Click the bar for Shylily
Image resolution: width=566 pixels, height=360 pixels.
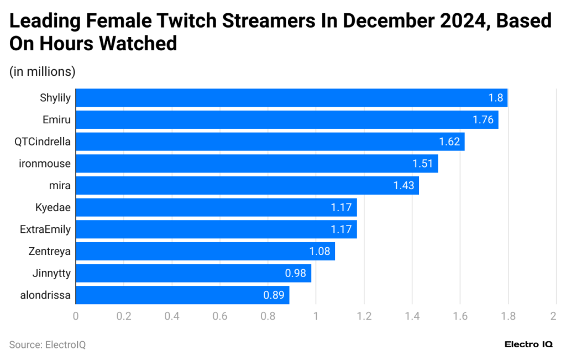pyautogui.click(x=291, y=98)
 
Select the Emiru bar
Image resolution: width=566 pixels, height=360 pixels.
pyautogui.click(x=287, y=119)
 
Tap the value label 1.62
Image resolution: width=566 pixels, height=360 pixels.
pyautogui.click(x=450, y=142)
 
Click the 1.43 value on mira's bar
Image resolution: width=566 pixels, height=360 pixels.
pyautogui.click(x=404, y=186)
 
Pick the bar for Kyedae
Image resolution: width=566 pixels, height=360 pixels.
pyautogui.click(x=216, y=207)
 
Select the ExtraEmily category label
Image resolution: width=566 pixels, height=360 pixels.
pyautogui.click(x=45, y=229)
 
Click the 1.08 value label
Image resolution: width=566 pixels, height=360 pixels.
pyautogui.click(x=319, y=251)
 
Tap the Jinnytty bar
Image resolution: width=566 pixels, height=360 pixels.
pyautogui.click(x=193, y=273)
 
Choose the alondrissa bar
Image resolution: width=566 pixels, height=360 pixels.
pyautogui.click(x=182, y=295)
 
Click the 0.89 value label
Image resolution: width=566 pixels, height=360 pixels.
pyautogui.click(x=274, y=295)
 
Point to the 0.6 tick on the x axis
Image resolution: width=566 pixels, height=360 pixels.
pyautogui.click(x=220, y=316)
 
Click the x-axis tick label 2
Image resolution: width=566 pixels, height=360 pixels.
pyautogui.click(x=553, y=316)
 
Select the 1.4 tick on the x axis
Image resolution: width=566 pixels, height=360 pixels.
pyautogui.click(x=412, y=316)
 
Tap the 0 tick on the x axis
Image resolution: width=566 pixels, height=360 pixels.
pyautogui.click(x=76, y=316)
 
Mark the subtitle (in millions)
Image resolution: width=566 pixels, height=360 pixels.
pyautogui.click(x=43, y=71)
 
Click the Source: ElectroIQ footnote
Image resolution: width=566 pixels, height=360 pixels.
pyautogui.click(x=48, y=345)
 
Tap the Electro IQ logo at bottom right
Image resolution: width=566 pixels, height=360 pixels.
pyautogui.click(x=528, y=344)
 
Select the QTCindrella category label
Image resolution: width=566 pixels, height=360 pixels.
pyautogui.click(x=43, y=142)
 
